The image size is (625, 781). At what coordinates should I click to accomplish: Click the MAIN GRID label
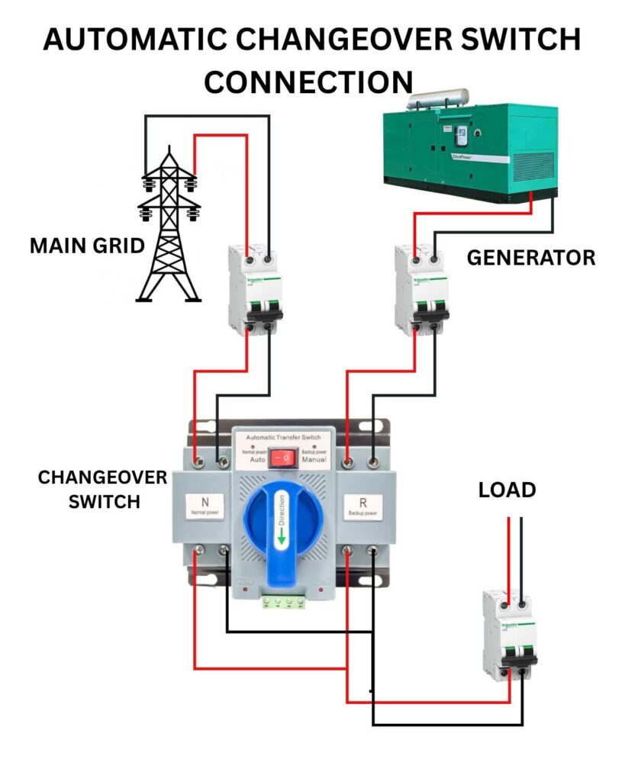pos(87,246)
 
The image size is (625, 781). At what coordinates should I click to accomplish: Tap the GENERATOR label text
pos(530,258)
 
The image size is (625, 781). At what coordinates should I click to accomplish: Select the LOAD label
pos(507,490)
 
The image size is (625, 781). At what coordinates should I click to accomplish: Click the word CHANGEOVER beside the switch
pos(102,477)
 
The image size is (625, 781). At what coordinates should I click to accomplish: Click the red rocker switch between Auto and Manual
pos(282,458)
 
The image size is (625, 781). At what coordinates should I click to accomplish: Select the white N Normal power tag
pos(205,506)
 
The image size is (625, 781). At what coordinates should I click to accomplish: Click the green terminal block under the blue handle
pos(284,602)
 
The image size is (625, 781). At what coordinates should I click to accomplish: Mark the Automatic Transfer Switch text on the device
pos(282,440)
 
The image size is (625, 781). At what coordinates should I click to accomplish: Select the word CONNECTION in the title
pos(308,81)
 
